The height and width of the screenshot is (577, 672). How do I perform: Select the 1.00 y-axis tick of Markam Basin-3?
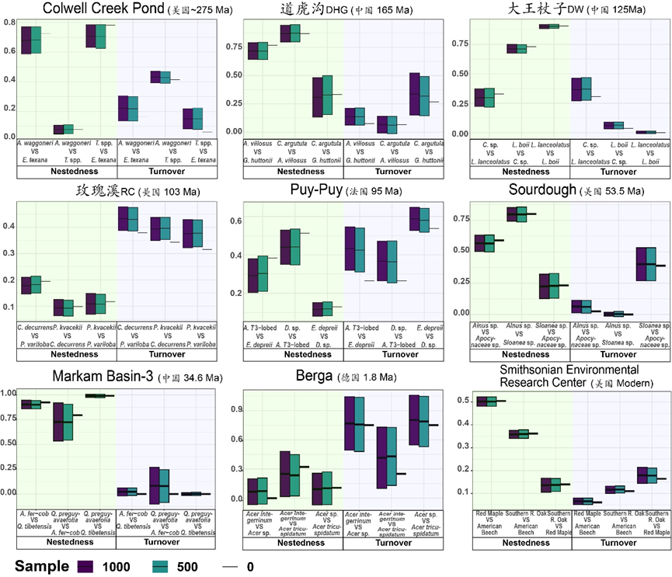click(x=10, y=393)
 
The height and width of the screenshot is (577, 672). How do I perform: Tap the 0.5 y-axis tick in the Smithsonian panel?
click(x=464, y=401)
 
